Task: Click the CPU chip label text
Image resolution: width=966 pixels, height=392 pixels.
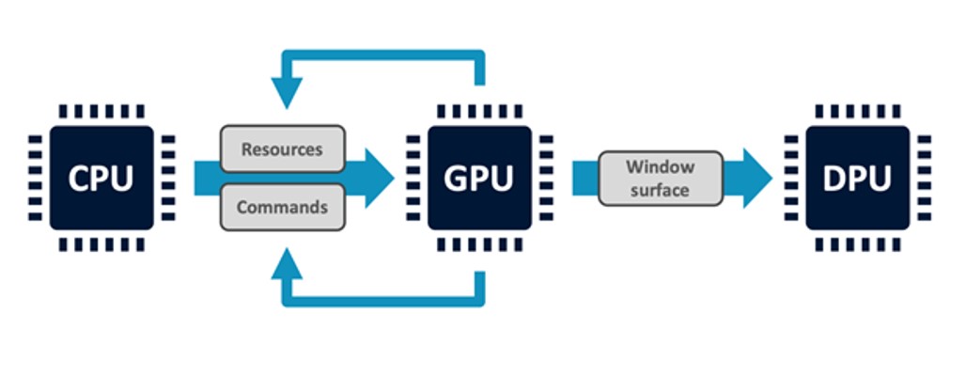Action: [x=101, y=179]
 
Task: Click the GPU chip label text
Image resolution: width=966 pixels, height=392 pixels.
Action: [x=478, y=179]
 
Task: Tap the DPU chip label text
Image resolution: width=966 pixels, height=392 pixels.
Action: [x=856, y=179]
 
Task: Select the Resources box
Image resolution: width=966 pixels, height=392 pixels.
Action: [x=282, y=149]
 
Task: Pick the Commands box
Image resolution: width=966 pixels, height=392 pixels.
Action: [x=282, y=207]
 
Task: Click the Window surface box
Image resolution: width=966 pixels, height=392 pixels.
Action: [x=661, y=179]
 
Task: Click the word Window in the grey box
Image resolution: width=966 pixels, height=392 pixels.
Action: [x=661, y=167]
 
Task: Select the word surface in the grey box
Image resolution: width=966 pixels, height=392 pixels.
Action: [x=661, y=190]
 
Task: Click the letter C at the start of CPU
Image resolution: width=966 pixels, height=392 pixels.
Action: [x=77, y=179]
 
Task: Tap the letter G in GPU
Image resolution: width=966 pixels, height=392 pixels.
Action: [x=454, y=179]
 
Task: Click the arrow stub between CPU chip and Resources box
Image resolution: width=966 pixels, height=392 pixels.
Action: [x=207, y=178]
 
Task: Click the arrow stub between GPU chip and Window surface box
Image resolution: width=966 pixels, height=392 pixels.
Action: [x=585, y=178]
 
